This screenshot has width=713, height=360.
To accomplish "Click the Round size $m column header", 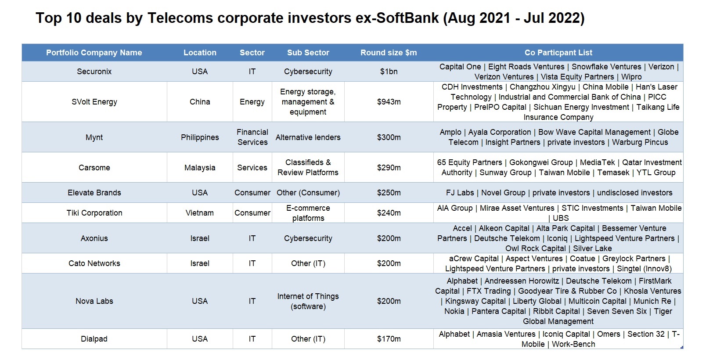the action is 388,53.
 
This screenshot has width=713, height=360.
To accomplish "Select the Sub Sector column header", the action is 308,53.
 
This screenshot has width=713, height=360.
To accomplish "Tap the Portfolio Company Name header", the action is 94,53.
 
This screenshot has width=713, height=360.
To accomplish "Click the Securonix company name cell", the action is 94,71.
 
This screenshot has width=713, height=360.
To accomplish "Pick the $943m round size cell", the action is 389,102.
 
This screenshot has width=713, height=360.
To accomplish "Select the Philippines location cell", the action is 200,137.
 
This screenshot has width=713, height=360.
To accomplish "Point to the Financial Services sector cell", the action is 252,137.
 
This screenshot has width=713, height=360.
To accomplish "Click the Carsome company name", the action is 94,167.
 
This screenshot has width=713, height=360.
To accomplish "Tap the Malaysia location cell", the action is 200,167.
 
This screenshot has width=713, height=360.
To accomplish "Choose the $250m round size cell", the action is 389,193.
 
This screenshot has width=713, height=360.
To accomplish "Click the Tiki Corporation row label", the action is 94,212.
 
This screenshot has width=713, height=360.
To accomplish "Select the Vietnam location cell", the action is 200,212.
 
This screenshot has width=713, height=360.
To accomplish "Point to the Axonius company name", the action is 94,238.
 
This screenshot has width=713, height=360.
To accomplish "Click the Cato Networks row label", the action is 94,263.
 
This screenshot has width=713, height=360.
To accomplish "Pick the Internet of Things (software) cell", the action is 308,301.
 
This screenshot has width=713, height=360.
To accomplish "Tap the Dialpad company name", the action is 94,338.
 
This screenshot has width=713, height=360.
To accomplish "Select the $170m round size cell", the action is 389,338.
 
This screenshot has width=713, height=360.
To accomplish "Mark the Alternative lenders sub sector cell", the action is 308,137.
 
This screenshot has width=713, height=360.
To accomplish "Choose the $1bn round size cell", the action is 389,71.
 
